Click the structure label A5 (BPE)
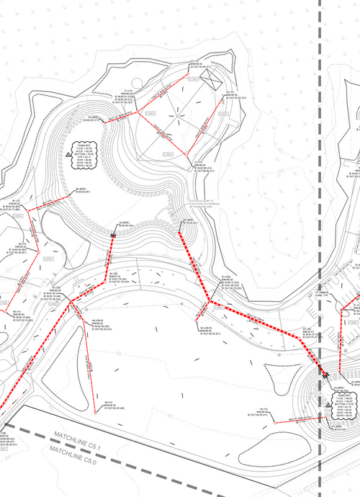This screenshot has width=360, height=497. (x=124, y=224)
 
